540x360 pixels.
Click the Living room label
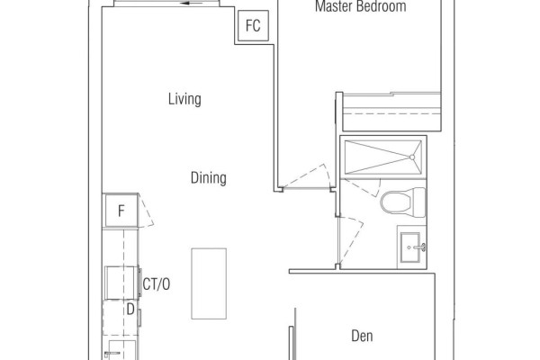point(184,99)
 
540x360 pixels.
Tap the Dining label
point(209,178)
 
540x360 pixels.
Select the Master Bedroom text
point(361,6)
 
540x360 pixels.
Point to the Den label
point(362,336)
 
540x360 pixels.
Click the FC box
point(253,25)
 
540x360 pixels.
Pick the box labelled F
point(121,211)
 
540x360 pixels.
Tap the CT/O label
point(157,284)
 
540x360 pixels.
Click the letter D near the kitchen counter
point(130,310)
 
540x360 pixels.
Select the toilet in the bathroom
point(403,202)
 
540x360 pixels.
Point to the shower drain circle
point(412,157)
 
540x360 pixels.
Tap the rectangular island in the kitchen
point(209,283)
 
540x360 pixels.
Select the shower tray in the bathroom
point(383,157)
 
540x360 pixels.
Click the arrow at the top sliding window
point(192,4)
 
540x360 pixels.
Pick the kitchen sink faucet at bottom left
point(112,354)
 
